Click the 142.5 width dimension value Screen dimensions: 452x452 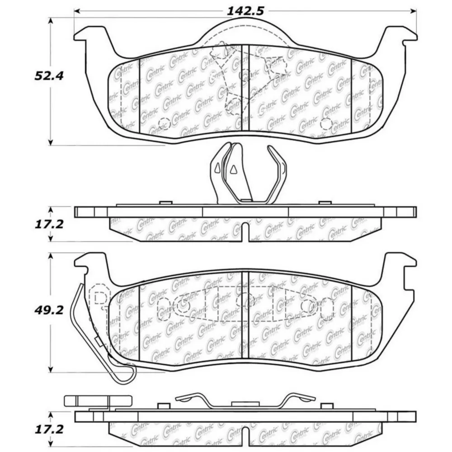[245, 11]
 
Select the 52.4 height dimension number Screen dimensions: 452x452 [49, 76]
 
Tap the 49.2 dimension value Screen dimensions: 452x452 [49, 310]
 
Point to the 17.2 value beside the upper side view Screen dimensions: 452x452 [49, 224]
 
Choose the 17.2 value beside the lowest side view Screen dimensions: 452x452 [49, 429]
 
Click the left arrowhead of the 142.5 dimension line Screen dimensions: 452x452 [77, 11]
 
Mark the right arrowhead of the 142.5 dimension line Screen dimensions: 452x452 [414, 11]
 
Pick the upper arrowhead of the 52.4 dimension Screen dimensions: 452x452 [51, 21]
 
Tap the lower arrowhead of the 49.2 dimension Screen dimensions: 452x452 [51, 369]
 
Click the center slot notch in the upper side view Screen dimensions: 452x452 [245, 232]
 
